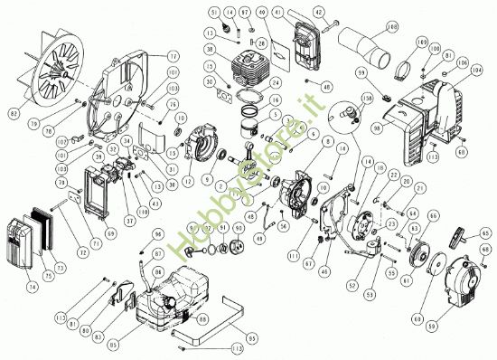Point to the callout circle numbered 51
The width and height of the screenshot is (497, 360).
[215, 12]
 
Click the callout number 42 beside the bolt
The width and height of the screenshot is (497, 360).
[319, 12]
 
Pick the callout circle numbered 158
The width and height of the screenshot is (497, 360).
[367, 96]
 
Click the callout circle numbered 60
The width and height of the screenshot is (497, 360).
[417, 317]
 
